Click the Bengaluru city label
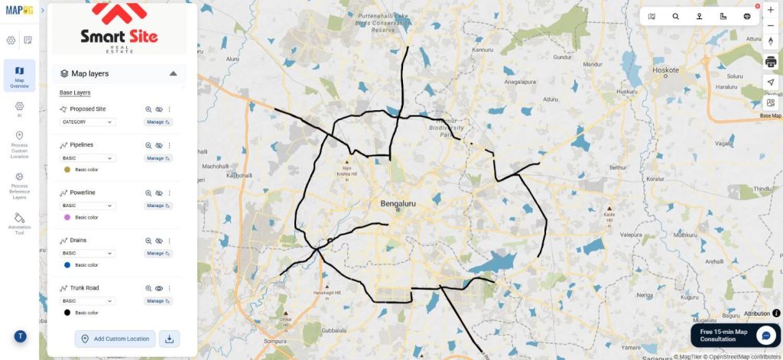pyautogui.click(x=398, y=203)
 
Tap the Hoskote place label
pyautogui.click(x=665, y=70)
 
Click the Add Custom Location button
pyautogui.click(x=115, y=339)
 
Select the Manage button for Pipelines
pyautogui.click(x=158, y=157)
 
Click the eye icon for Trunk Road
pyautogui.click(x=159, y=288)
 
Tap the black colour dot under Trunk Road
pyautogui.click(x=67, y=313)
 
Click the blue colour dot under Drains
pyautogui.click(x=67, y=264)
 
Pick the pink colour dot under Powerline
pyautogui.click(x=67, y=217)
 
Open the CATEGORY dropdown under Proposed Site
pyautogui.click(x=87, y=122)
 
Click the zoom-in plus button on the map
pyautogui.click(x=770, y=10)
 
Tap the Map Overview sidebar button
pyautogui.click(x=20, y=76)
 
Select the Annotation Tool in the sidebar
pyautogui.click(x=20, y=223)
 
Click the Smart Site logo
pyautogui.click(x=119, y=28)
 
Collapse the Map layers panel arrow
pyautogui.click(x=174, y=73)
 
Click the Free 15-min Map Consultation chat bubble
pyautogui.click(x=765, y=335)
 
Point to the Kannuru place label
pyautogui.click(x=483, y=50)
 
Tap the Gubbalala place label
pyautogui.click(x=333, y=331)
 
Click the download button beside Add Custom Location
pyautogui.click(x=169, y=339)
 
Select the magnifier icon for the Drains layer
pyautogui.click(x=149, y=241)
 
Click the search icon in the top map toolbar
pyautogui.click(x=675, y=16)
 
